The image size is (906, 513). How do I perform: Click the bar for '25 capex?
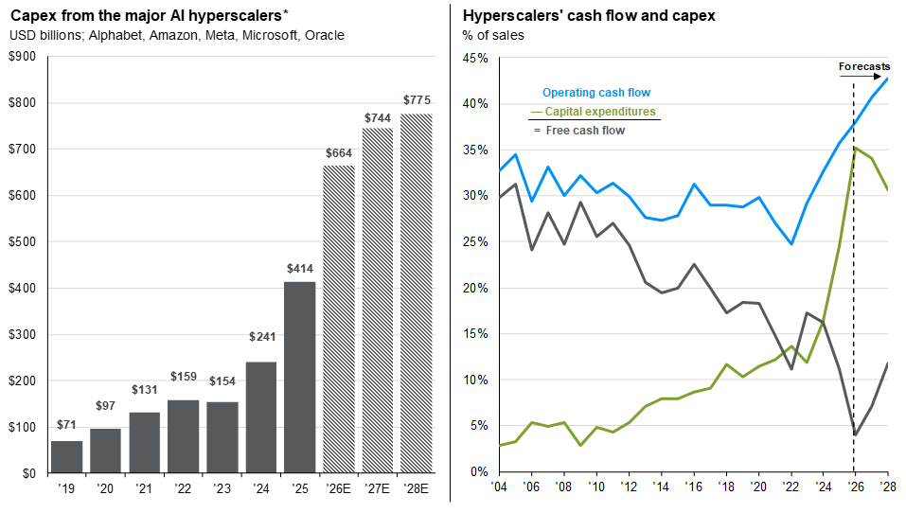tap(300, 377)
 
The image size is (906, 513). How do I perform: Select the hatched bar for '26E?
tap(339, 319)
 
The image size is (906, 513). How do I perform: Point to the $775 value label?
tap(417, 99)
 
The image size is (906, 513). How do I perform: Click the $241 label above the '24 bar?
tap(261, 336)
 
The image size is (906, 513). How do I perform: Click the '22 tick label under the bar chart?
tap(184, 488)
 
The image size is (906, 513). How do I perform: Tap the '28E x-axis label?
tap(417, 488)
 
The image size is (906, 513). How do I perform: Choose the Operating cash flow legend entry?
tap(595, 93)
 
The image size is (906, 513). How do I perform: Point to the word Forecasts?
tap(864, 66)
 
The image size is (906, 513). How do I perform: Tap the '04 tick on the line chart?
tap(500, 486)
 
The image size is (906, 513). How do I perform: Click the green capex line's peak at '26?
tap(854, 148)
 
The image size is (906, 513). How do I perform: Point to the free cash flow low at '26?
tap(855, 434)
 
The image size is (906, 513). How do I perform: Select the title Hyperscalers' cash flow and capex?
tap(588, 16)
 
